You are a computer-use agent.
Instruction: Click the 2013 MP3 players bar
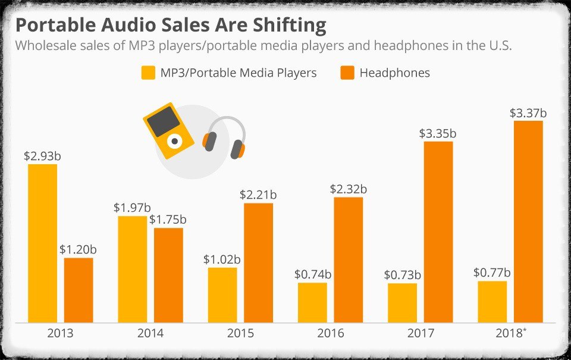(43, 243)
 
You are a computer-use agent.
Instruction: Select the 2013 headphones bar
(79, 290)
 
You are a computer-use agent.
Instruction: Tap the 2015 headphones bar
(258, 262)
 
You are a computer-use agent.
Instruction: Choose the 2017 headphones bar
(438, 231)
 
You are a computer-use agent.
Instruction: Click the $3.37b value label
(528, 113)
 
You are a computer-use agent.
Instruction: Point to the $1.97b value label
(131, 208)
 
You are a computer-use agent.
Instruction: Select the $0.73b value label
(402, 275)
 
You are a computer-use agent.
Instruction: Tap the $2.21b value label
(258, 195)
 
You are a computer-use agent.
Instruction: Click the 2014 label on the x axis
(150, 333)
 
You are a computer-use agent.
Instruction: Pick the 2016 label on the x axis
(330, 333)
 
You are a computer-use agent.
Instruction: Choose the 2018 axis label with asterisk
(510, 333)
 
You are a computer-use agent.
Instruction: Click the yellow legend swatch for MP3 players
(148, 73)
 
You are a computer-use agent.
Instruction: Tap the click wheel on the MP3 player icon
(175, 141)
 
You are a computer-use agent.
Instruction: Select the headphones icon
(224, 137)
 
